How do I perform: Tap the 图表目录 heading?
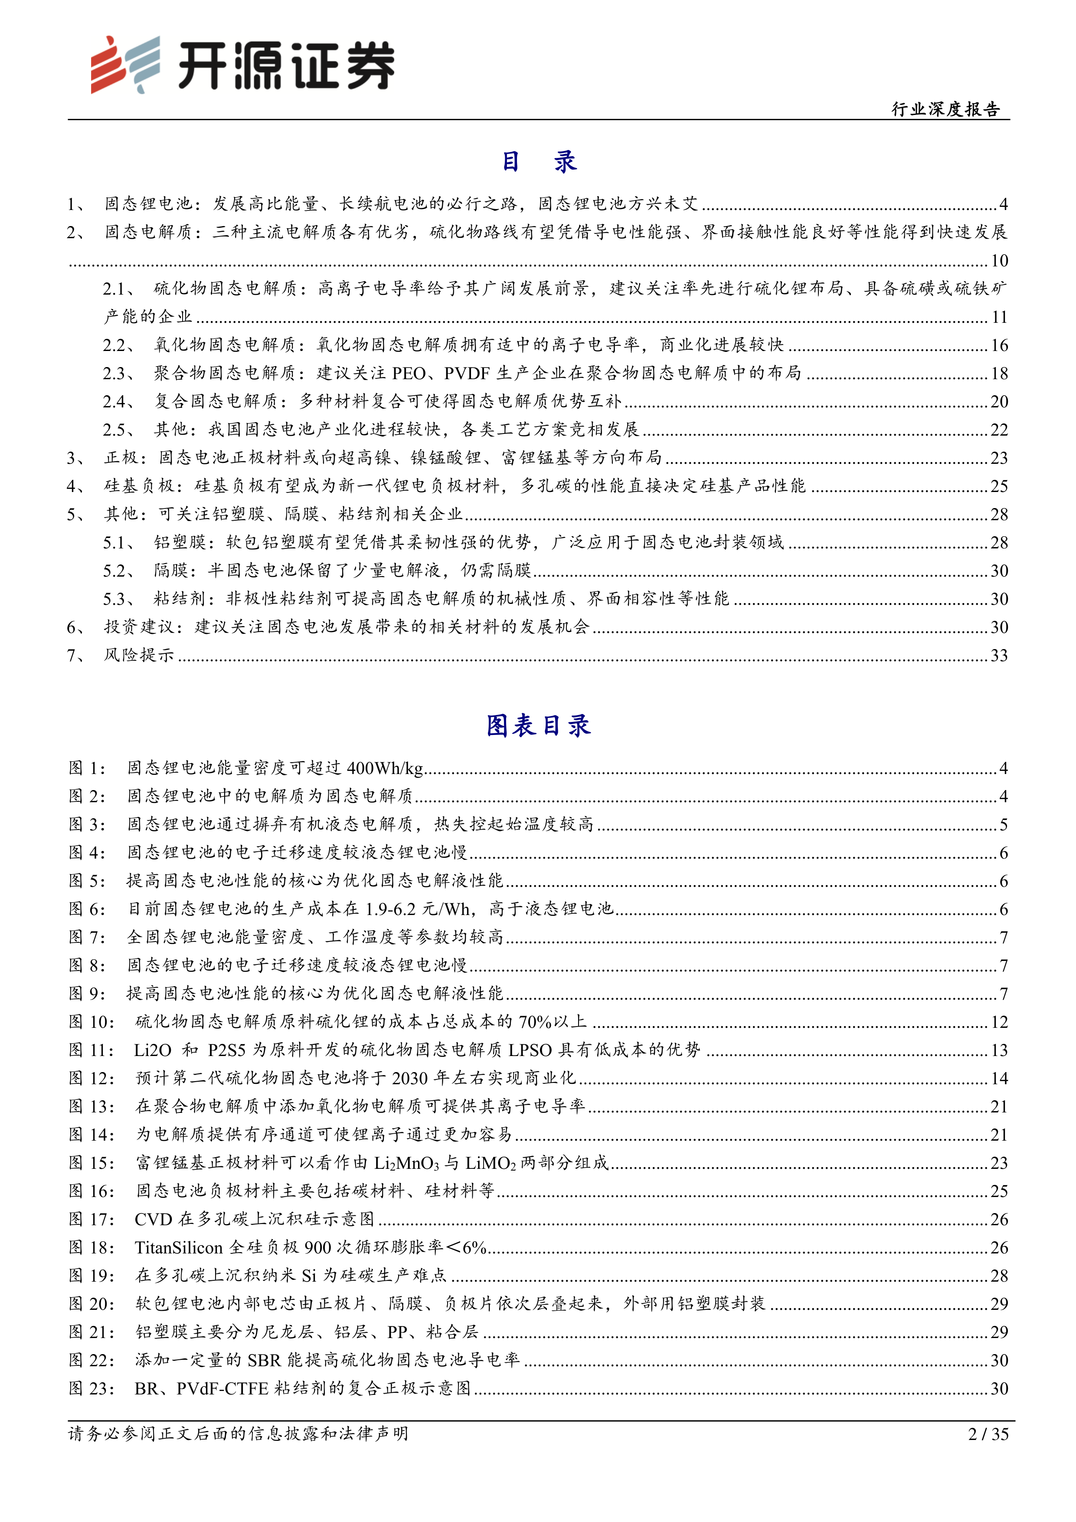pyautogui.click(x=538, y=726)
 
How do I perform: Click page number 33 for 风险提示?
pyautogui.click(x=998, y=656)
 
